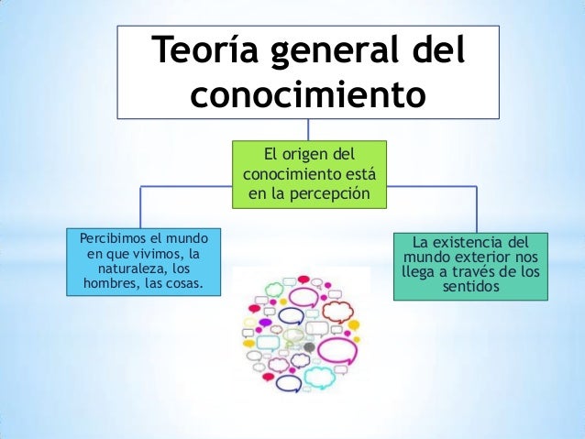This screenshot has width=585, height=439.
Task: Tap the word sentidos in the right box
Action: [x=469, y=288]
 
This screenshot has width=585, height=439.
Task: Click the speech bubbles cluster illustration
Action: [x=301, y=331]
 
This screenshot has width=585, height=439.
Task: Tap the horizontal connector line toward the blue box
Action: [x=183, y=185]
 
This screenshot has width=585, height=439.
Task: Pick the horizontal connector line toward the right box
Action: [x=431, y=185]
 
